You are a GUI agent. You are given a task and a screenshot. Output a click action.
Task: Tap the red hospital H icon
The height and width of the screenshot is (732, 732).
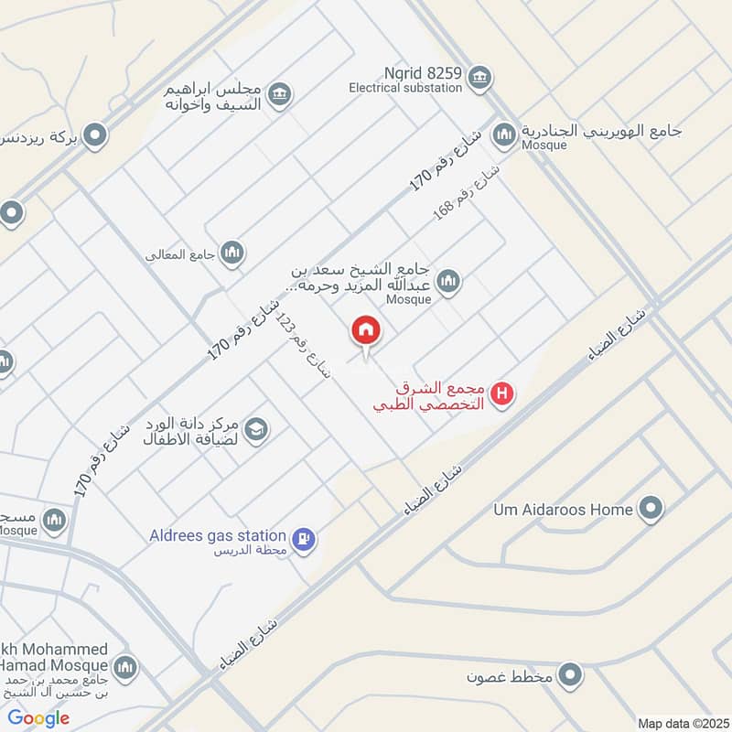pyautogui.click(x=502, y=394)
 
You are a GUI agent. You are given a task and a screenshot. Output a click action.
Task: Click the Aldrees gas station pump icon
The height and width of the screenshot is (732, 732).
pyautogui.click(x=305, y=539)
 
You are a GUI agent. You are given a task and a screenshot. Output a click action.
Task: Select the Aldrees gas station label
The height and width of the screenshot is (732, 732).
pyautogui.click(x=218, y=534)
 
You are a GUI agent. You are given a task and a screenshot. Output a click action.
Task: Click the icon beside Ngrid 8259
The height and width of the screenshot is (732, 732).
pyautogui.click(x=479, y=79)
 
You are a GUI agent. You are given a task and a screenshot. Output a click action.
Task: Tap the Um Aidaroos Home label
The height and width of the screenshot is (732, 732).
pyautogui.click(x=564, y=509)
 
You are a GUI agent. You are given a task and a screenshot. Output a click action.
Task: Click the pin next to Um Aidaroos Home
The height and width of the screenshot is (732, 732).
pyautogui.click(x=651, y=508)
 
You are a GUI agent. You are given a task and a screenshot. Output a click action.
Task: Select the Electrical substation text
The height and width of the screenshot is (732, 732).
pyautogui.click(x=405, y=89)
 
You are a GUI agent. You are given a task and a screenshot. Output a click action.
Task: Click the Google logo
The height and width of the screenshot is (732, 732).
pyautogui.click(x=38, y=718)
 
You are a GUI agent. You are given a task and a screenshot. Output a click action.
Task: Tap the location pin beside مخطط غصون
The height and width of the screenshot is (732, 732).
pyautogui.click(x=572, y=676)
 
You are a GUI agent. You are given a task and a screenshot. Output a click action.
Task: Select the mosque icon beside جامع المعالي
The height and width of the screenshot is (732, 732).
pyautogui.click(x=232, y=253)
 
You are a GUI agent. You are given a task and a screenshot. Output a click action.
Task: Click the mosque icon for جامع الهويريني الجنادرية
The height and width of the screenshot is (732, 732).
pyautogui.click(x=503, y=135)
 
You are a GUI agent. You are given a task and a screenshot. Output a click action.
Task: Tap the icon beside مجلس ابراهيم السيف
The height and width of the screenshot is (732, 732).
pyautogui.click(x=280, y=92)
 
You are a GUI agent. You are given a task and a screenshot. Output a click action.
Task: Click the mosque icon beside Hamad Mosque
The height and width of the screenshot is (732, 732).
pyautogui.click(x=125, y=666)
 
